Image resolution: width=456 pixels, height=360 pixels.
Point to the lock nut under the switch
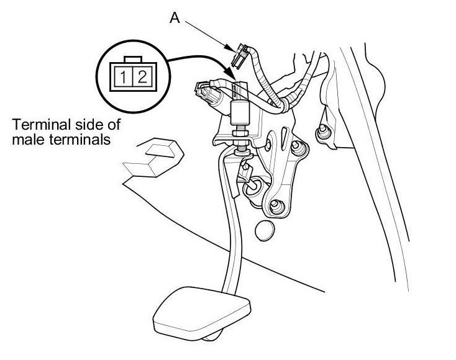point(239,132)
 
